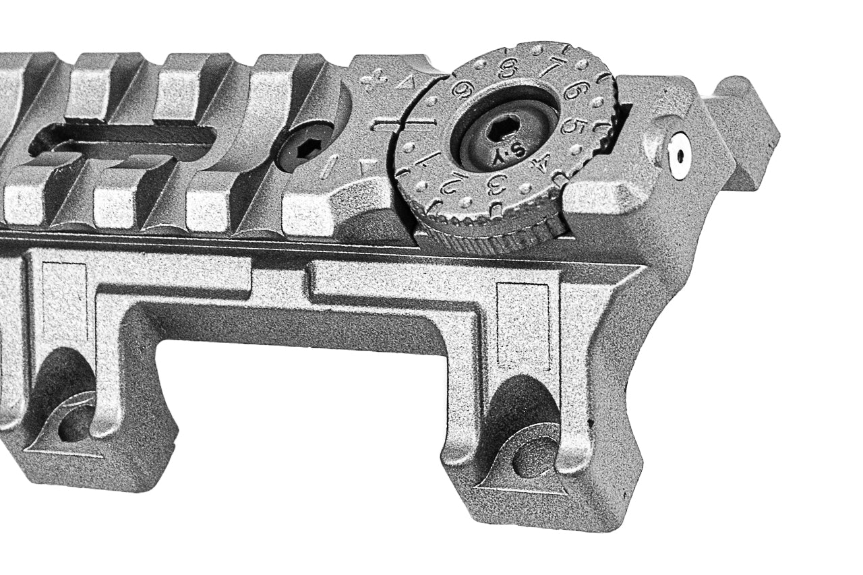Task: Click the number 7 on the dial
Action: point(554,68)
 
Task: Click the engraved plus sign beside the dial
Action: point(369,82)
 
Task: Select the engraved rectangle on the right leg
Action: point(524,326)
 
